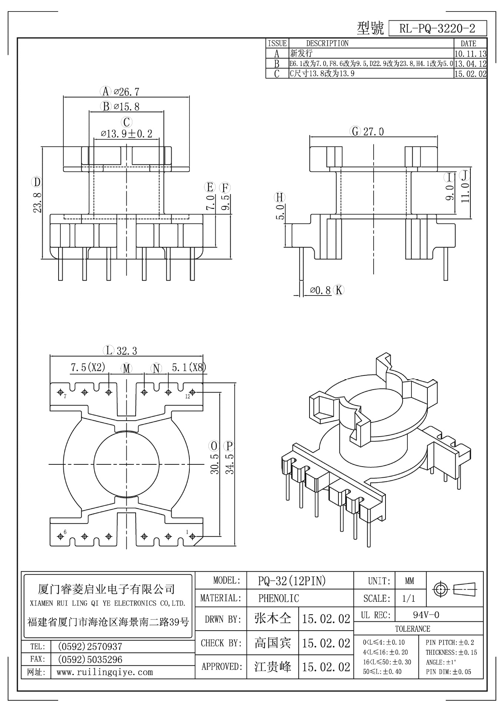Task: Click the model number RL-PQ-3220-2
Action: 437,28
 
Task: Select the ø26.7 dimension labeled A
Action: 126,91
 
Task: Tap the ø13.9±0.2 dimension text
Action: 126,133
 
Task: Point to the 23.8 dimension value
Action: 37,202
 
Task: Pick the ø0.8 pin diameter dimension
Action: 320,290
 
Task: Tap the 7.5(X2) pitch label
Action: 88,367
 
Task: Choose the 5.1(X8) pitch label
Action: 189,367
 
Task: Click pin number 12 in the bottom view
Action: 188,396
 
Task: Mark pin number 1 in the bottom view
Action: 187,532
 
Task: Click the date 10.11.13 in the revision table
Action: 470,54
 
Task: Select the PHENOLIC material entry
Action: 278,598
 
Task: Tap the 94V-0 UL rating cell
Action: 426,615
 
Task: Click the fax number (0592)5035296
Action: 90,659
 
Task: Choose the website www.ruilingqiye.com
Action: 105,672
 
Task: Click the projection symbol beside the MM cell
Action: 455,589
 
